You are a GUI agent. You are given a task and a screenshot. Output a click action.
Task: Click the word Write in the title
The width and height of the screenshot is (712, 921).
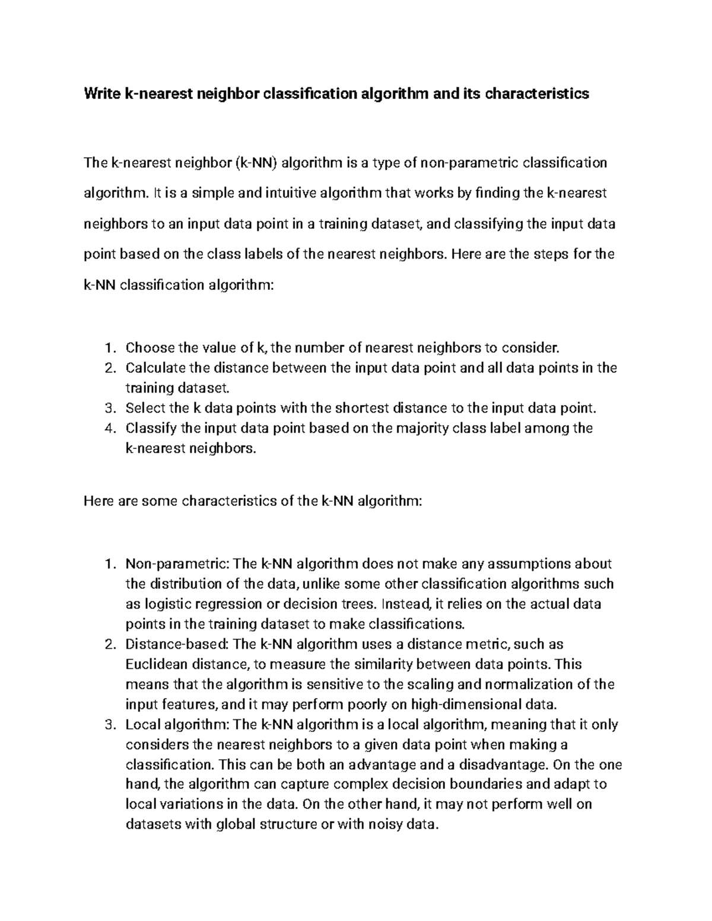click(x=102, y=94)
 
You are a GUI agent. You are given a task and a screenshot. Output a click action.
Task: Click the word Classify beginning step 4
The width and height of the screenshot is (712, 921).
click(x=147, y=428)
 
